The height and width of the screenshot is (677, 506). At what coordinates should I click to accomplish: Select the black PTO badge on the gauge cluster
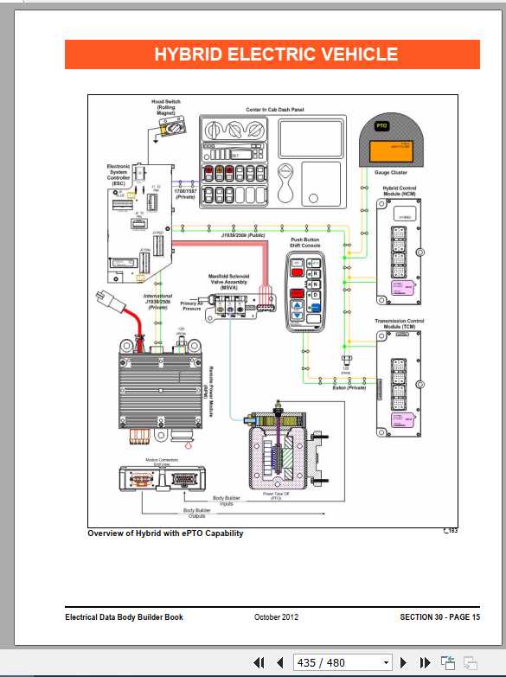(x=381, y=126)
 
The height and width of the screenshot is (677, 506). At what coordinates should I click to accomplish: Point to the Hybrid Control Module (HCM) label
(x=400, y=191)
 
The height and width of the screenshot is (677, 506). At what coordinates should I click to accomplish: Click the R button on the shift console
(x=316, y=271)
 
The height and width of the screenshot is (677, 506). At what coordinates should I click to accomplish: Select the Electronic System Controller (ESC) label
(x=118, y=171)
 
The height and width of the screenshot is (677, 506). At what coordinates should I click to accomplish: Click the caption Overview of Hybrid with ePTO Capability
(x=165, y=533)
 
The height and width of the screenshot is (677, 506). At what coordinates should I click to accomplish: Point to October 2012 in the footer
(x=277, y=616)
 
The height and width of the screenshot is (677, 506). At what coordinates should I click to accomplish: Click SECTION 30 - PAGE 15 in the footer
(x=439, y=616)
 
